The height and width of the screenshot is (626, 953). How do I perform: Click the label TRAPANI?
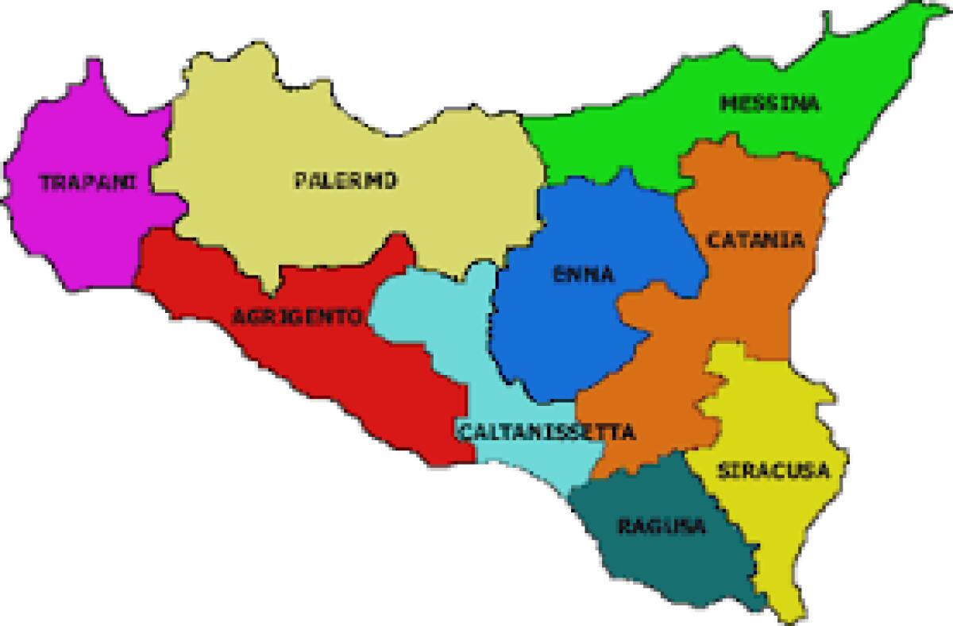(87, 182)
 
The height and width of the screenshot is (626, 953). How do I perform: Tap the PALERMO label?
(345, 181)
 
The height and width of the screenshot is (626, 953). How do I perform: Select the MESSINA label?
(769, 104)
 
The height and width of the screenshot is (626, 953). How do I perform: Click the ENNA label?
(584, 275)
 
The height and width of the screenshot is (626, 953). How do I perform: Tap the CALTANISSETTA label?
(546, 433)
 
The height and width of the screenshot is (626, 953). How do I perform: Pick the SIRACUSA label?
(774, 470)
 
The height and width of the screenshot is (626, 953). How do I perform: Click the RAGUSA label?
(662, 526)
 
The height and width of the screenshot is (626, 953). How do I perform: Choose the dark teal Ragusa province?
(675, 556)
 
